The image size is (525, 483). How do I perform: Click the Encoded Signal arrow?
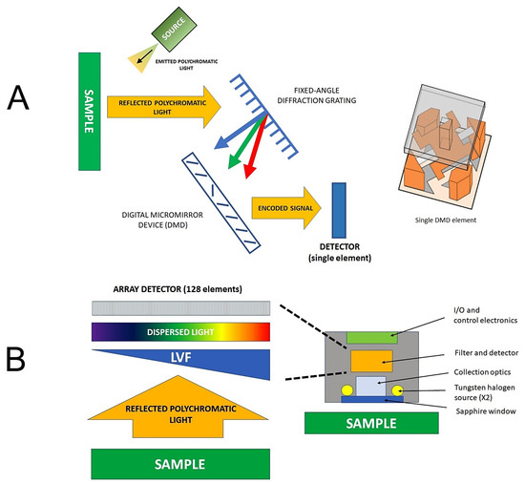pos(285,207)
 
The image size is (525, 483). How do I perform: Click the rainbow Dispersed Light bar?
pos(181,333)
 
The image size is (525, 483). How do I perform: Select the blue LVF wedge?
pos(210,364)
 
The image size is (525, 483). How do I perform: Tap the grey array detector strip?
pos(181,307)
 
